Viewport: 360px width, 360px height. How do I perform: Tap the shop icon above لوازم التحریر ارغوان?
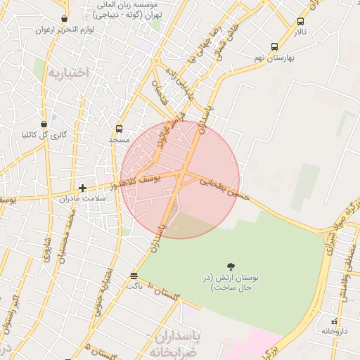pos(65,19)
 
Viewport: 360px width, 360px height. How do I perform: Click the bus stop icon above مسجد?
pos(119,129)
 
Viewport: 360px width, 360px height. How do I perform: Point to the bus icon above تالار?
pos(301,22)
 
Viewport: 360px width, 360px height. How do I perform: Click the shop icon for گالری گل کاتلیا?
pos(44,124)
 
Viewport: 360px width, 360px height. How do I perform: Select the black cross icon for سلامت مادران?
pos(83,188)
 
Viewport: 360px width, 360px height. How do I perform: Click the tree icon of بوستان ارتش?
pos(231,265)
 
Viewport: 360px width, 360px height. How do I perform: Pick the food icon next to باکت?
pos(134,275)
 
